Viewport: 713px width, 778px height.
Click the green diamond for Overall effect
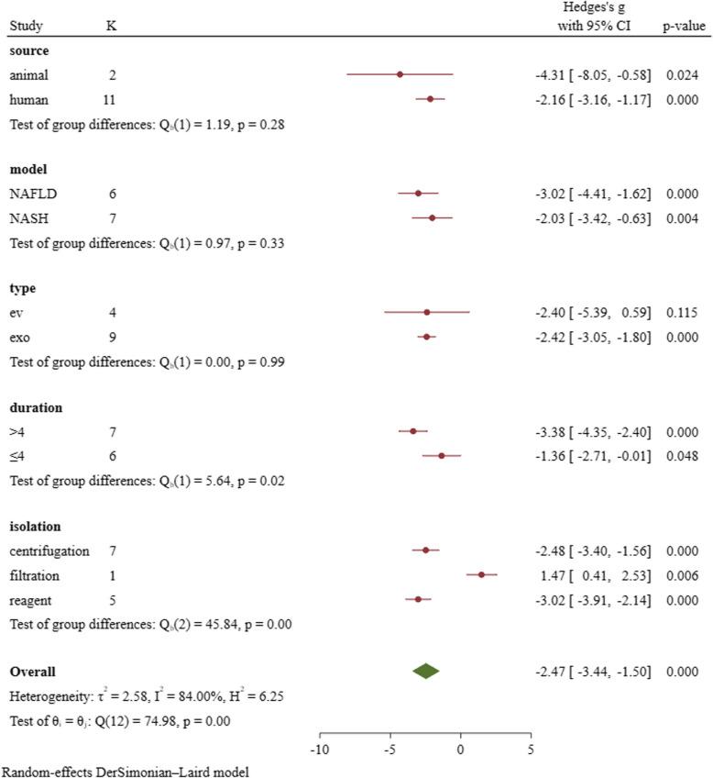(x=425, y=672)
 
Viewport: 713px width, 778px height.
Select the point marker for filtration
(x=481, y=574)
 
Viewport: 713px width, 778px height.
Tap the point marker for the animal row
(x=400, y=74)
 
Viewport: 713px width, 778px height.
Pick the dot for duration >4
(x=412, y=431)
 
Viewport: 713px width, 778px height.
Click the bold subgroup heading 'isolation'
(x=35, y=527)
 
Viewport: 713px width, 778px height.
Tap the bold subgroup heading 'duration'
(x=35, y=407)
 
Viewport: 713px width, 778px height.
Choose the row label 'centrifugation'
(x=49, y=550)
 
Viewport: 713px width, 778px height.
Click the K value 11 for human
(x=111, y=99)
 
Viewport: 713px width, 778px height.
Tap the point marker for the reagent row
(x=418, y=599)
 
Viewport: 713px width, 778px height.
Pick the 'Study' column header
(x=28, y=27)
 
